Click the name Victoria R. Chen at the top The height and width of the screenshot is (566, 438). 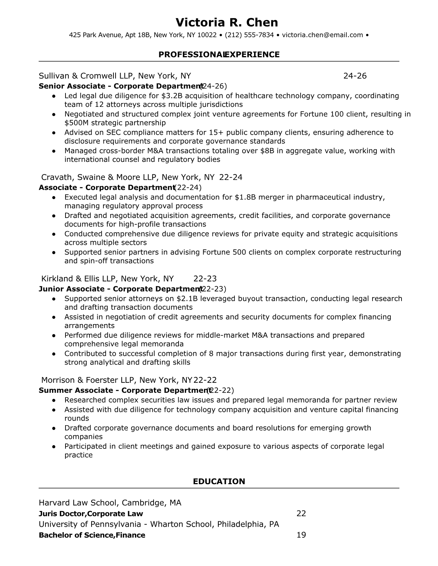click(227, 23)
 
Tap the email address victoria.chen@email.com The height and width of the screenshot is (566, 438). click(322, 35)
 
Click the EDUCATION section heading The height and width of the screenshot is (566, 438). click(219, 481)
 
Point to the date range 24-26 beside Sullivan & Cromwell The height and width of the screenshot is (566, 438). click(355, 76)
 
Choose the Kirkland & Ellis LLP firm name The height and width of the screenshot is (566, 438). click(79, 279)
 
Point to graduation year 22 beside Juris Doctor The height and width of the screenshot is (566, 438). click(301, 513)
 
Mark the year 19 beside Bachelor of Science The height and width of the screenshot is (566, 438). click(301, 535)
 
